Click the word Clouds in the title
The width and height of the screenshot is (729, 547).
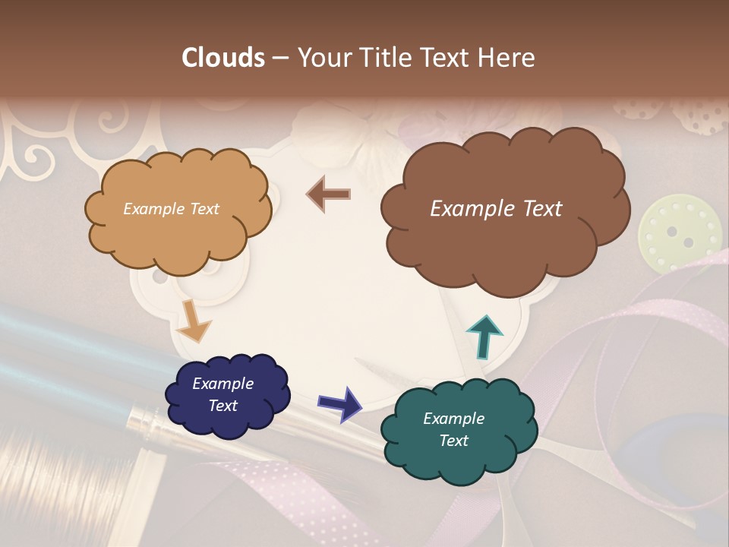tap(222, 58)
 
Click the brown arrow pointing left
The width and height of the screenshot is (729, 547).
tap(329, 194)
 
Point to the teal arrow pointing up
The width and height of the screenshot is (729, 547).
tap(484, 335)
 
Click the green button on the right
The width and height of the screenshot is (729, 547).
tap(680, 232)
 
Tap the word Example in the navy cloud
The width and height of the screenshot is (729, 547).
tap(223, 384)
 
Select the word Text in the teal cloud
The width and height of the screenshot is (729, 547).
tap(454, 441)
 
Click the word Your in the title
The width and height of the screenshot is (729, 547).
tap(323, 58)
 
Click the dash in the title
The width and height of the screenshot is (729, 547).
tap(279, 58)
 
